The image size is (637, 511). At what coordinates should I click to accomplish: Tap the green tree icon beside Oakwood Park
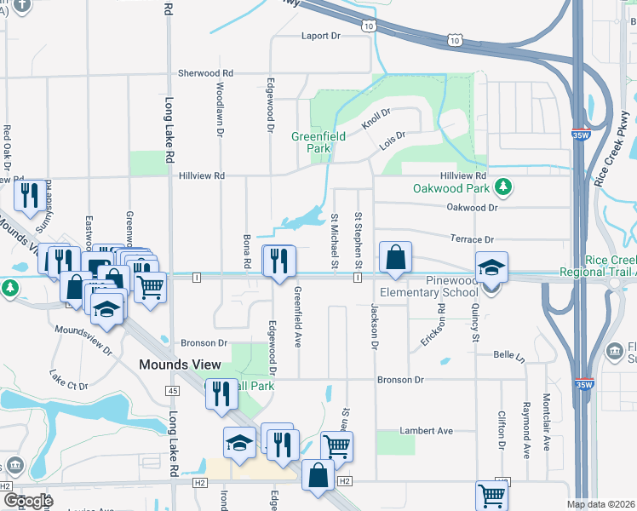pyautogui.click(x=504, y=187)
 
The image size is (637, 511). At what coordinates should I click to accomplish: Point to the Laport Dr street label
pyautogui.click(x=320, y=37)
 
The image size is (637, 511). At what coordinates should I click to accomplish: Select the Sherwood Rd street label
pyautogui.click(x=205, y=74)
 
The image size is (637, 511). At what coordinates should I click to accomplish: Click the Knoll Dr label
pyautogui.click(x=375, y=118)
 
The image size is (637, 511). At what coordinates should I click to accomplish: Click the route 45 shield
pyautogui.click(x=173, y=389)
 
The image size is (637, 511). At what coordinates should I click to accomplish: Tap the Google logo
pyautogui.click(x=28, y=500)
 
